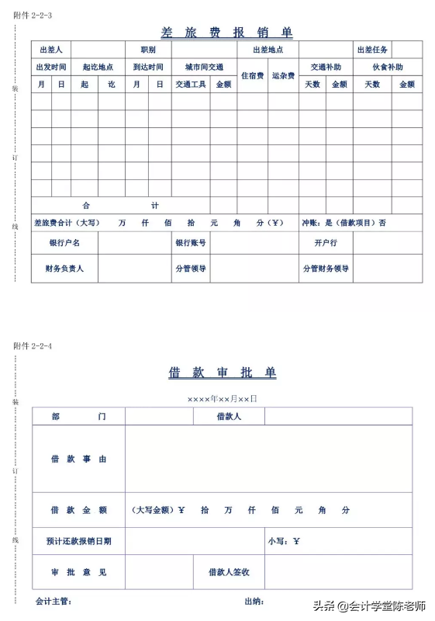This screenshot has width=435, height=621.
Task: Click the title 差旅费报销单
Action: (226, 33)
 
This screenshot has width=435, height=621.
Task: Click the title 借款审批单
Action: (222, 373)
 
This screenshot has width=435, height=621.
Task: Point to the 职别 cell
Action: (148, 50)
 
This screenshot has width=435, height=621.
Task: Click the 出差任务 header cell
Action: (373, 50)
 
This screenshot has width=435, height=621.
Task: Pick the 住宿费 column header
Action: (253, 76)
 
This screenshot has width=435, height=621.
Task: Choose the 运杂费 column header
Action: (283, 76)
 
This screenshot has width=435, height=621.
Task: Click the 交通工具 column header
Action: (191, 84)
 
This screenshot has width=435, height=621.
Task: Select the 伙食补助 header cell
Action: (388, 67)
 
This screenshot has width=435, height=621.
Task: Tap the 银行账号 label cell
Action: (191, 243)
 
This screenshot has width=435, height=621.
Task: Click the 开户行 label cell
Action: (326, 243)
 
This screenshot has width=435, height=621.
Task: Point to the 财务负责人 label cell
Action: (64, 269)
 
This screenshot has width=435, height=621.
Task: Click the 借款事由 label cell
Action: (78, 459)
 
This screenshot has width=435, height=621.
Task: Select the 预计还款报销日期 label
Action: (78, 541)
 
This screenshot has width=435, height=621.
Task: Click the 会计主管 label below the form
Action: (54, 601)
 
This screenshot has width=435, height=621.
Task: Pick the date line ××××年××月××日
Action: (222, 398)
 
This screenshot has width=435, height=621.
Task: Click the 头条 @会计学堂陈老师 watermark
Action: (369, 605)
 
